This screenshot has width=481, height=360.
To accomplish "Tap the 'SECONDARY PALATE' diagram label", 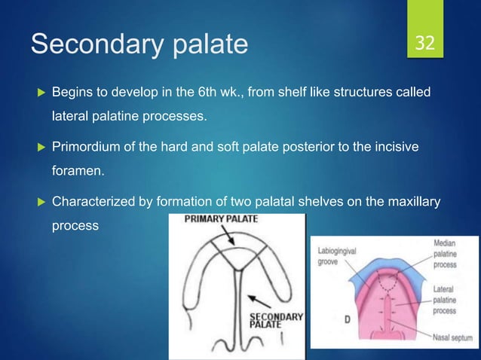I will pos(275,321).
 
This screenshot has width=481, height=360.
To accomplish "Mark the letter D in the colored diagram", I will pos(348,319).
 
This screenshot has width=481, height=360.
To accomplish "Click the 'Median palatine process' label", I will pos(450,255).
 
